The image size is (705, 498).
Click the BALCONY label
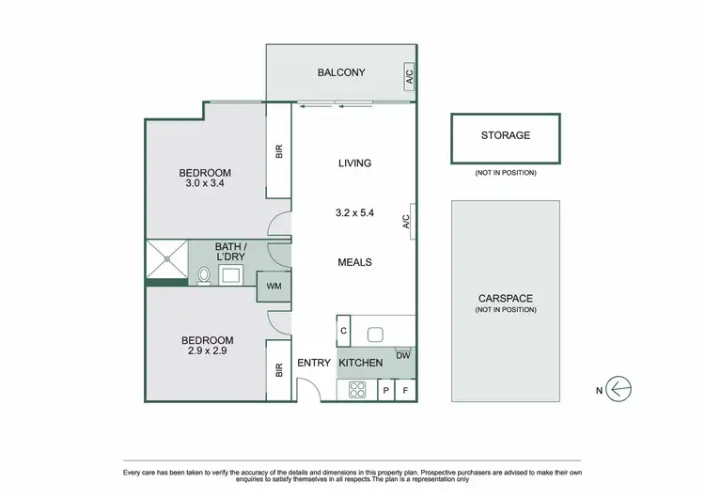coord(340,72)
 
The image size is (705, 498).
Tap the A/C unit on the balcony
coord(410,78)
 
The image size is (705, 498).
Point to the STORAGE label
coord(506,135)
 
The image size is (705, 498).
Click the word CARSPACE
coord(505,299)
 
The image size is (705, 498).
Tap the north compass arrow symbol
coord(617,388)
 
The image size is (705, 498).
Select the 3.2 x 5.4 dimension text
coord(355,213)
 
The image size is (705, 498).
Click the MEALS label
coord(355,262)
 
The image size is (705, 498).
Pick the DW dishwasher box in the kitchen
coord(403,355)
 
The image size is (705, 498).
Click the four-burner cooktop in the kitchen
coord(358,389)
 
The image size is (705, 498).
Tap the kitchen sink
coord(373,333)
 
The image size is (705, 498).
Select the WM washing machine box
coord(274,286)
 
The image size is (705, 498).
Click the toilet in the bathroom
coord(203,275)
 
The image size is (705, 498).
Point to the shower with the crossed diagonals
coord(166,261)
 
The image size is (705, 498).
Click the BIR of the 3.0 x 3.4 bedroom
coord(279,150)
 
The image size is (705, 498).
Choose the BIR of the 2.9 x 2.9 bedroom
coord(279,370)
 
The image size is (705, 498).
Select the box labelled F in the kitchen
coord(406,389)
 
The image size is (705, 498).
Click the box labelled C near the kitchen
coord(344,331)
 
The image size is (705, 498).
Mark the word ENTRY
coord(312,363)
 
